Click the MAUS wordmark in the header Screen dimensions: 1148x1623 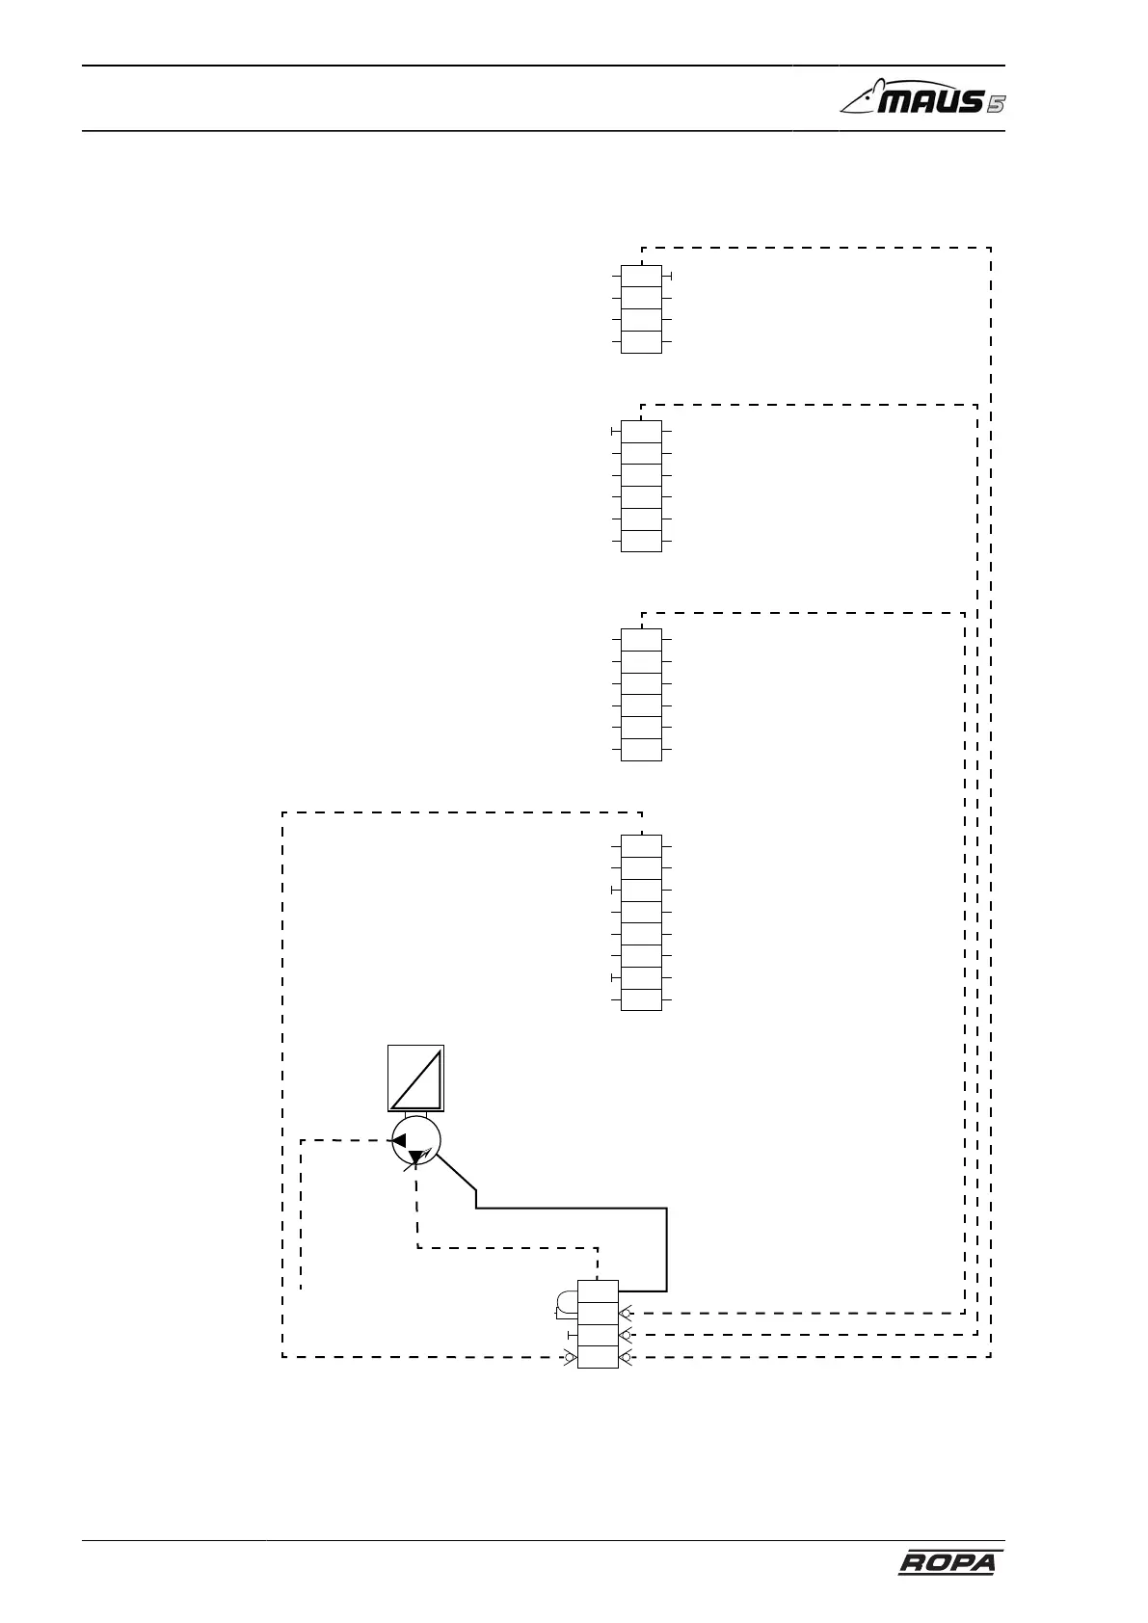point(911,100)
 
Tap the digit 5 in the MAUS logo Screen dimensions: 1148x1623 point(995,103)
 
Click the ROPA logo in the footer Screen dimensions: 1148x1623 point(947,1563)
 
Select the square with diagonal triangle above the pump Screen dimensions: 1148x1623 point(415,1078)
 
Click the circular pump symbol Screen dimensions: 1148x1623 point(415,1142)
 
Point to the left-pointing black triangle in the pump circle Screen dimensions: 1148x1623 point(398,1141)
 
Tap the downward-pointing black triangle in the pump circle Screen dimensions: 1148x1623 point(415,1157)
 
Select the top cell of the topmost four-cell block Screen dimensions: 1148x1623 point(641,277)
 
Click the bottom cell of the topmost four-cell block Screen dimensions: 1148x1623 point(641,342)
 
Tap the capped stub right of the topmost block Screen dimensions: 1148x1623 point(668,277)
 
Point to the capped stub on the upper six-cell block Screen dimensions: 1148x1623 point(614,432)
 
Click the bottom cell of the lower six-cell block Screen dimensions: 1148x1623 point(641,750)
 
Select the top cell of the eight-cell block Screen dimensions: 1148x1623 point(641,846)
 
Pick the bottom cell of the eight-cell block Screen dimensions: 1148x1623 point(641,999)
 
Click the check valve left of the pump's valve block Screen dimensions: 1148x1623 point(569,1357)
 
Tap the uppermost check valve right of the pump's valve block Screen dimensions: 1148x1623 point(627,1313)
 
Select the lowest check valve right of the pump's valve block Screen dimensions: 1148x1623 point(627,1357)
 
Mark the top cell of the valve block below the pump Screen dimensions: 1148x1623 point(598,1291)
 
